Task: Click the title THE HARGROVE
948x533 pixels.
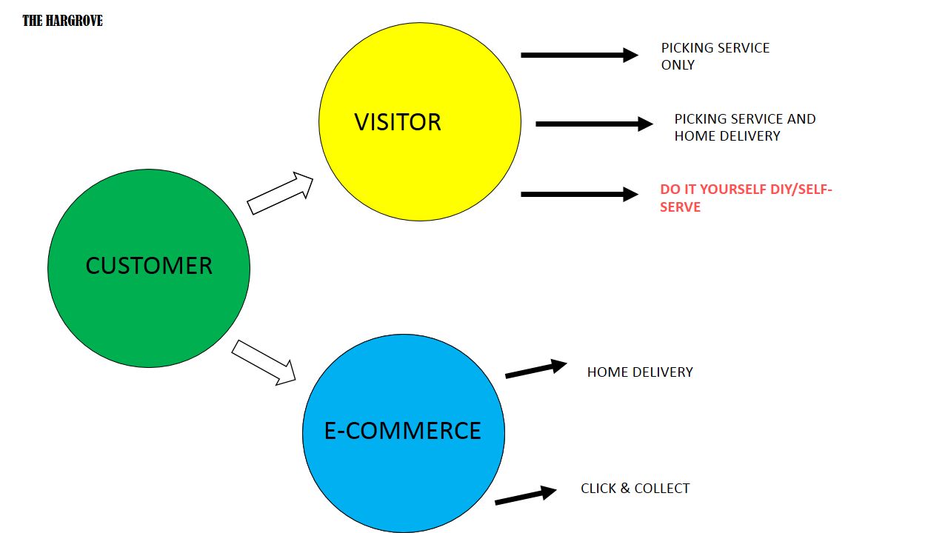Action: click(x=62, y=21)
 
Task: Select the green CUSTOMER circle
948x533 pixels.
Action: click(x=149, y=268)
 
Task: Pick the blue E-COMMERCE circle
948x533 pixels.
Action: click(x=404, y=433)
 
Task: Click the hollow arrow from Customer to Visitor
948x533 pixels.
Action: click(x=280, y=194)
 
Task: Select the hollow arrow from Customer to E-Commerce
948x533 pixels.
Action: click(x=264, y=363)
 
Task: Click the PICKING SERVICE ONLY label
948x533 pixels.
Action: click(x=715, y=56)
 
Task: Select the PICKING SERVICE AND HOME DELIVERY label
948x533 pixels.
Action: click(x=744, y=127)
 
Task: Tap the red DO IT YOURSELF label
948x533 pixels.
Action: click(x=746, y=198)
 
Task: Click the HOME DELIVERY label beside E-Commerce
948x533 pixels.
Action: click(x=640, y=372)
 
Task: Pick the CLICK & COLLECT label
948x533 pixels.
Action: click(x=635, y=489)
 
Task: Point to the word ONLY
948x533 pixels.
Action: click(x=678, y=65)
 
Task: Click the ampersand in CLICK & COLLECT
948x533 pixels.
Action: click(x=625, y=489)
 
